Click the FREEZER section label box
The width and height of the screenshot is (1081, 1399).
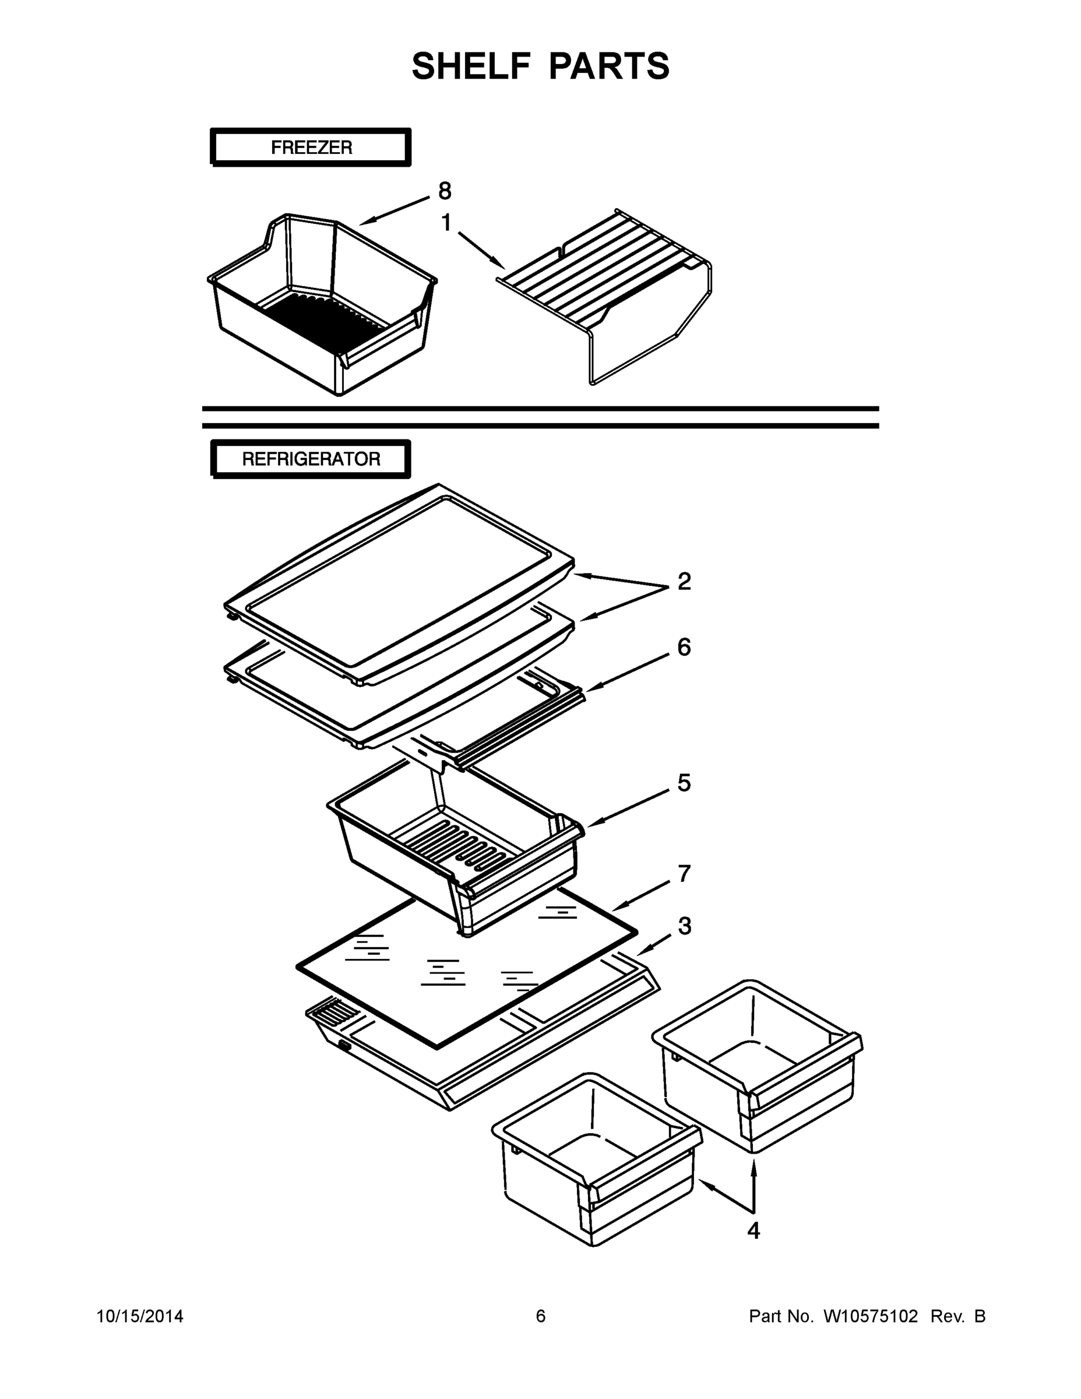tap(311, 147)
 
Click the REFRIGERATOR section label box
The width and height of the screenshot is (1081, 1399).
tap(311, 459)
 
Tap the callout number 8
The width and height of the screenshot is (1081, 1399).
tap(445, 191)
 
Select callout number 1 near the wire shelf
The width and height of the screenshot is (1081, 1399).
tap(446, 223)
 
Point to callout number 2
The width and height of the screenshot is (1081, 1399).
tap(684, 582)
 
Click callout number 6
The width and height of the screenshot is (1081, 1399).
tap(684, 647)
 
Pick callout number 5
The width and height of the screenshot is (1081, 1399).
tap(684, 783)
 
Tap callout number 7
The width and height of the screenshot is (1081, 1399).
tap(684, 873)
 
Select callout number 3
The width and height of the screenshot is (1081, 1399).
tap(684, 926)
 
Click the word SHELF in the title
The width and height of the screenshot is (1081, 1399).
tap(472, 66)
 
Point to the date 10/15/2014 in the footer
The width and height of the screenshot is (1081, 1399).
tap(140, 1316)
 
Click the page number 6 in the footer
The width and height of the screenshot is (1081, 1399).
tap(541, 1316)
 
